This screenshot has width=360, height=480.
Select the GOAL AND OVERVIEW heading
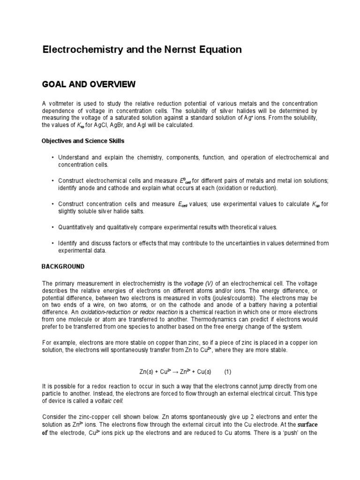pyautogui.click(x=89, y=84)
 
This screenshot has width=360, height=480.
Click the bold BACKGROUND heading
pyautogui.click(x=63, y=266)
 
